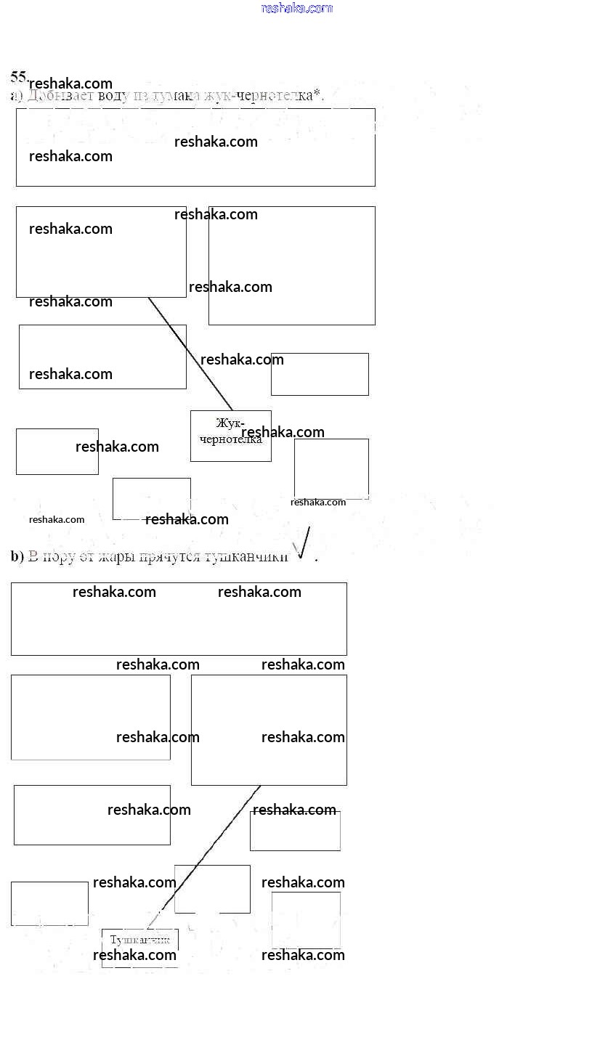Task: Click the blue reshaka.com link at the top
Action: click(x=296, y=8)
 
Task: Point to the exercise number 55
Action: click(x=18, y=76)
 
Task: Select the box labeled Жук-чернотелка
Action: click(x=230, y=436)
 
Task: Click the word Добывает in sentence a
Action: click(x=52, y=96)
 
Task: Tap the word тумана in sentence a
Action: click(x=168, y=96)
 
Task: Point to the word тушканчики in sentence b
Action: click(x=246, y=557)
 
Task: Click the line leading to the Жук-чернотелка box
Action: click(x=190, y=354)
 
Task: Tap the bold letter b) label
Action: click(x=17, y=557)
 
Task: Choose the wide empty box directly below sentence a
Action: click(x=195, y=147)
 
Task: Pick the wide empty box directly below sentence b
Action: click(x=179, y=619)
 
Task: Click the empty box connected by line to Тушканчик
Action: click(x=269, y=730)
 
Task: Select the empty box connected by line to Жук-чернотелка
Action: click(x=101, y=252)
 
